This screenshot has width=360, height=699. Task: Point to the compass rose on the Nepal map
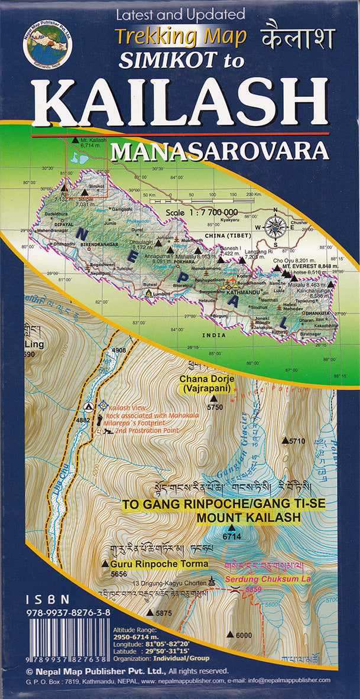(276, 226)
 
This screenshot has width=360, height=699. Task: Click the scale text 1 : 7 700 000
(202, 212)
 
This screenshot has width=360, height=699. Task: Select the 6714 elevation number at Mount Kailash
(231, 537)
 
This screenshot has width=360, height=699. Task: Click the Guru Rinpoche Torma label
(160, 564)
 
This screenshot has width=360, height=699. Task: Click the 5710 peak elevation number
(297, 441)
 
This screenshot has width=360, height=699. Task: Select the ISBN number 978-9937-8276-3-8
(69, 614)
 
